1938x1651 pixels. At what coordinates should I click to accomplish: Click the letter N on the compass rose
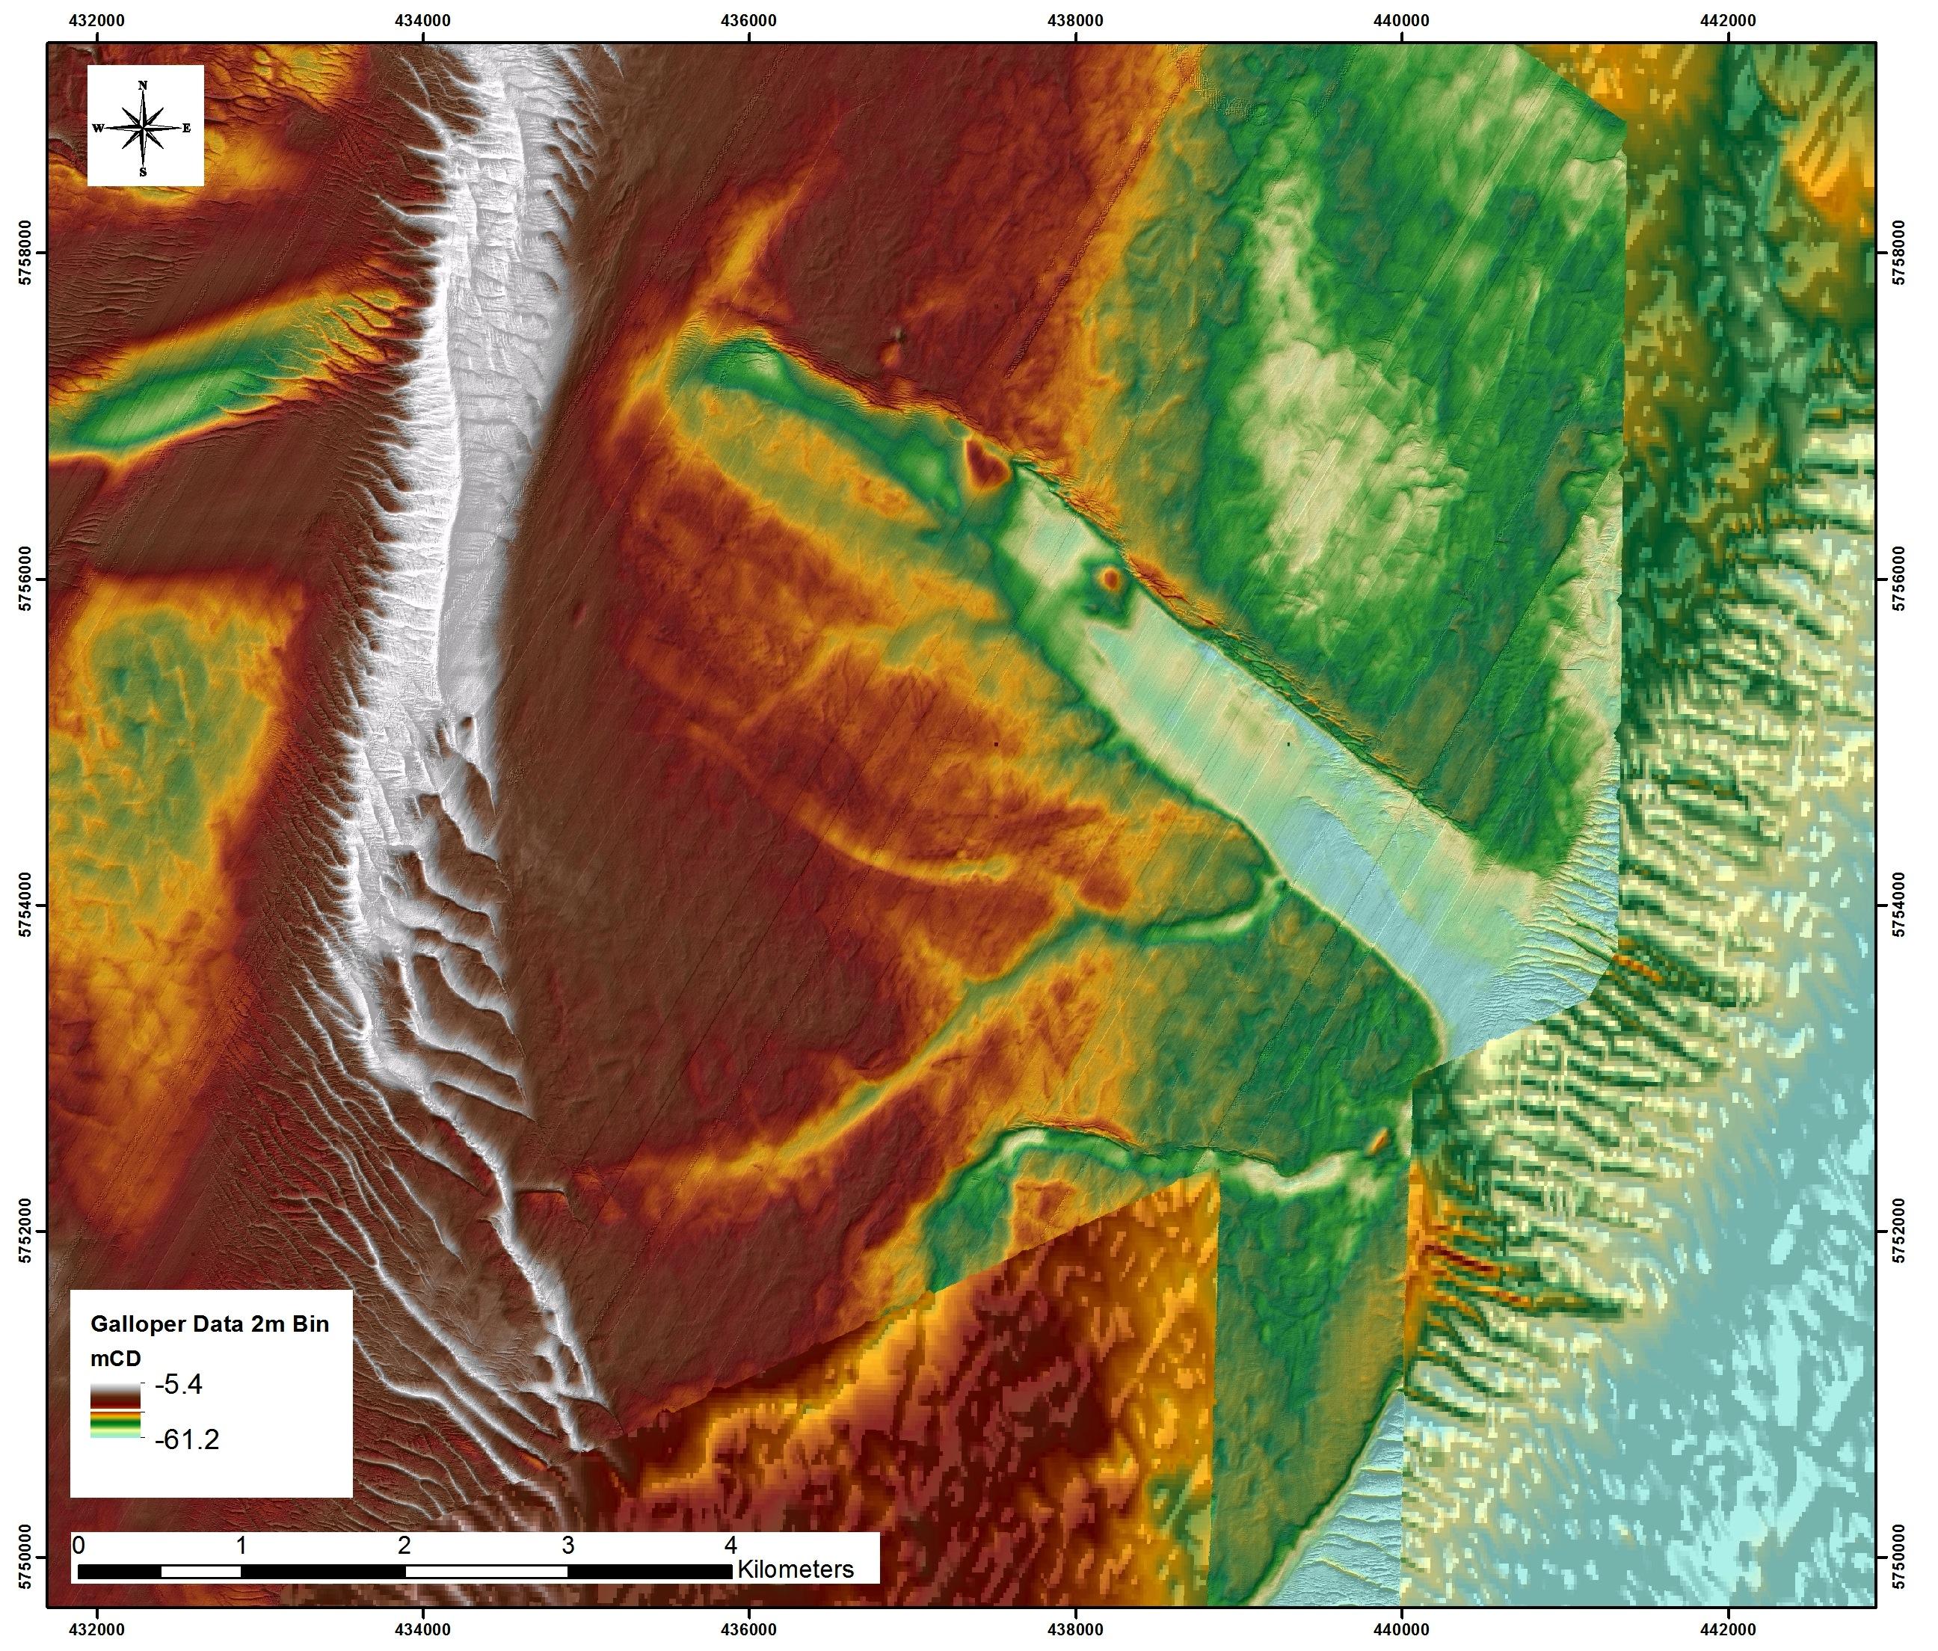143,85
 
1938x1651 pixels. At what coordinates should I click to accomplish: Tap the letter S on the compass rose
143,172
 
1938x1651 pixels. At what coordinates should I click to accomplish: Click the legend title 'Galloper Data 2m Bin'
209,1323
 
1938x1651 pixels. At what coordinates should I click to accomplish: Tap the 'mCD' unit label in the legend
115,1359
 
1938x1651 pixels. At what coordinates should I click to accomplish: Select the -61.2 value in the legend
186,1439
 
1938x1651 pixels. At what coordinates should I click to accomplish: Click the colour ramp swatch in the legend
115,1409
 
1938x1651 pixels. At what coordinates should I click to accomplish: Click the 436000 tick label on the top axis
750,21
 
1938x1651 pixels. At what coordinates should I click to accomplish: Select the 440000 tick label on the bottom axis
1401,1629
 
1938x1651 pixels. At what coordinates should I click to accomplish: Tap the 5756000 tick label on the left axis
25,578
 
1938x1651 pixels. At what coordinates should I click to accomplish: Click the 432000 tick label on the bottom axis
97,1629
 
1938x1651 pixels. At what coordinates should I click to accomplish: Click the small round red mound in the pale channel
1110,579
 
